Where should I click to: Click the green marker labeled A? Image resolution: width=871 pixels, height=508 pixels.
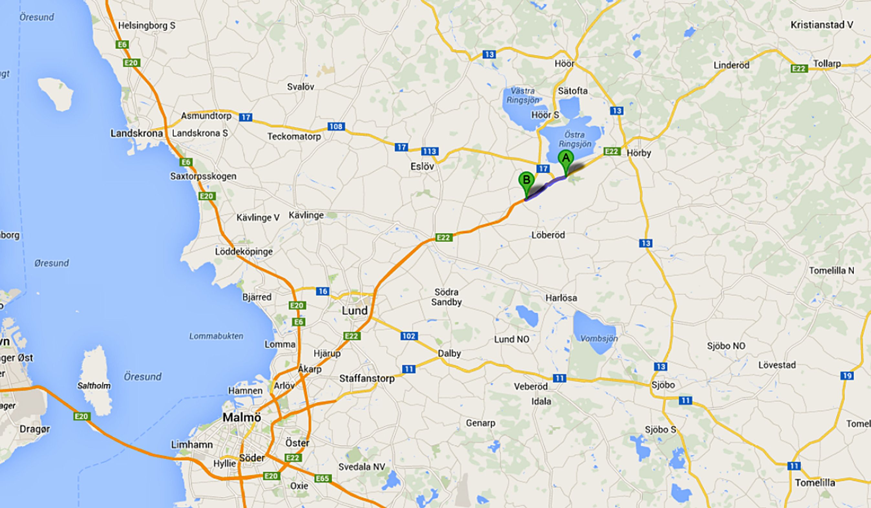pos(566,159)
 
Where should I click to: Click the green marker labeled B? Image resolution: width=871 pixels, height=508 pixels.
pos(526,180)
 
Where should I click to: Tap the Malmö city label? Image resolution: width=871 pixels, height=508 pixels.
pos(242,418)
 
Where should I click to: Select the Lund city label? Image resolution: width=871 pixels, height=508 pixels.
pos(354,311)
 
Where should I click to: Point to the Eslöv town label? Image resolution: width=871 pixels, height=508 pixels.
pos(422,166)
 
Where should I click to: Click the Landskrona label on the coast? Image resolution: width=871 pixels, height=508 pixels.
pos(136,133)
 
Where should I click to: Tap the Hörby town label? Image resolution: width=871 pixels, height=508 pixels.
pos(639,153)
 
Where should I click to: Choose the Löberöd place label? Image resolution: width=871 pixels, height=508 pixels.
pos(548,235)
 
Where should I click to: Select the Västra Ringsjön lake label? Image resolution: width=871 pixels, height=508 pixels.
pos(523,95)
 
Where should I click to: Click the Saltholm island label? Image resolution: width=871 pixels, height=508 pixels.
pos(94,386)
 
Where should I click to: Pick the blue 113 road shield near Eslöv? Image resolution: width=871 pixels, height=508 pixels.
pos(430,151)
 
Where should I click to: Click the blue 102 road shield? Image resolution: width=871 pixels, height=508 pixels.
pos(409,335)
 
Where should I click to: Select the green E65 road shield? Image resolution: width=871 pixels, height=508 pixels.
pos(323,479)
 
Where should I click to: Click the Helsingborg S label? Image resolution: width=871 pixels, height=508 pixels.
pos(146,26)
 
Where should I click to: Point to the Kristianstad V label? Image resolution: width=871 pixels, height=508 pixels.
pos(822,25)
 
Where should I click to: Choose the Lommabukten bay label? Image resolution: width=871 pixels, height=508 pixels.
pos(216,336)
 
